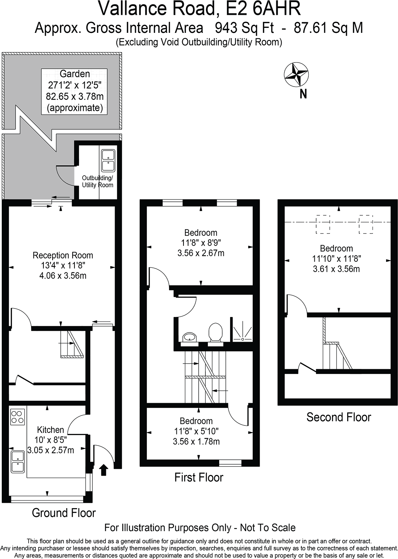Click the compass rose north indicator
(x=296, y=75)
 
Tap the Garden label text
(x=74, y=74)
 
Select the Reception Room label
(x=63, y=255)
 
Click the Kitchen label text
(x=50, y=430)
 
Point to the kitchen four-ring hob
(x=18, y=417)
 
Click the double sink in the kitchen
(x=18, y=462)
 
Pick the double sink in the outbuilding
(x=108, y=160)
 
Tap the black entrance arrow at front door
(x=103, y=470)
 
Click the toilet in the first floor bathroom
(x=215, y=333)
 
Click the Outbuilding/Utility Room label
(x=97, y=181)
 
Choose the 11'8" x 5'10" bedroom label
(x=196, y=431)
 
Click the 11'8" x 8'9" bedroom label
(x=201, y=243)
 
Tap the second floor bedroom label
(x=336, y=258)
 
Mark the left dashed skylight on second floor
(x=323, y=224)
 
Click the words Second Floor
(x=338, y=417)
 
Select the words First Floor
(x=199, y=478)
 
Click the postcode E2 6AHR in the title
(x=263, y=9)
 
